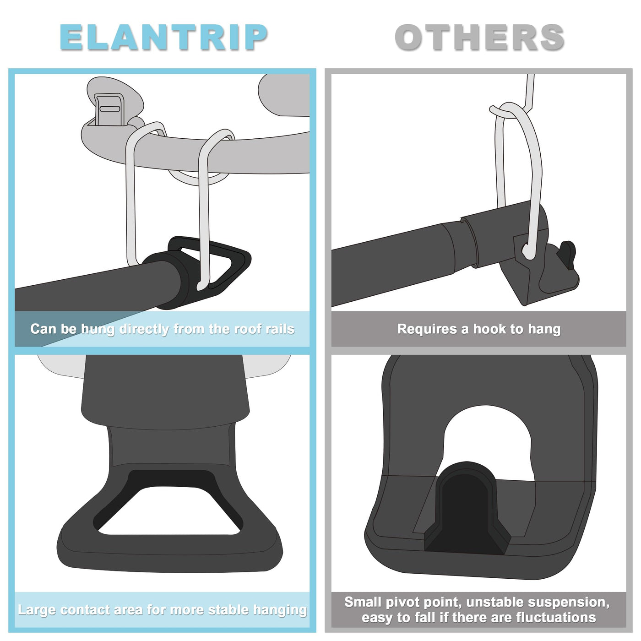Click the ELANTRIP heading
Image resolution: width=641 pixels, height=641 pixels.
click(163, 37)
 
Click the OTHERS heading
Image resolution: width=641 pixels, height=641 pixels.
click(479, 37)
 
